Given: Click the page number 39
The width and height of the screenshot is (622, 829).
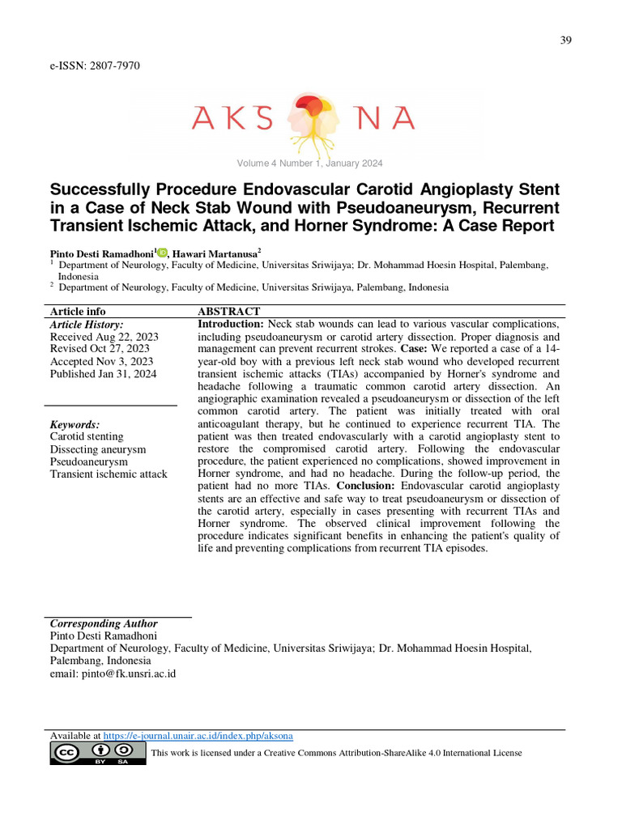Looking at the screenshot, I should coord(565,41).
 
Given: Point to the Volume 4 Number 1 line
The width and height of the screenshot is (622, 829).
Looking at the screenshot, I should coord(309,164).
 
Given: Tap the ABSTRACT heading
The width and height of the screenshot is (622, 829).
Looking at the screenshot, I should coord(229,312).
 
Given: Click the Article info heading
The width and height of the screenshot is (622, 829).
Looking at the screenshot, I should coord(78,312).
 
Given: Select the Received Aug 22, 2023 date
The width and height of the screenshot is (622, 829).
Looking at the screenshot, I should coord(104,337).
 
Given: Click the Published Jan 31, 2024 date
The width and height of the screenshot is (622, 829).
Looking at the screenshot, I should coord(104,374).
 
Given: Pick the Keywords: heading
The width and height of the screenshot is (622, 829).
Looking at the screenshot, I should coord(75,424).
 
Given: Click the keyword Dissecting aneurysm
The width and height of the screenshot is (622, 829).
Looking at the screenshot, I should coord(98,449).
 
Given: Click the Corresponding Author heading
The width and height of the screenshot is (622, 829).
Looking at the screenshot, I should coord(104,623).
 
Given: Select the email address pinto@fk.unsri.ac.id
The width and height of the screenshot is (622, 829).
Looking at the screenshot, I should coord(113,673).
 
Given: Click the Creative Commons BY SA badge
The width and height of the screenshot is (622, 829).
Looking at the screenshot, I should coord(98,754).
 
